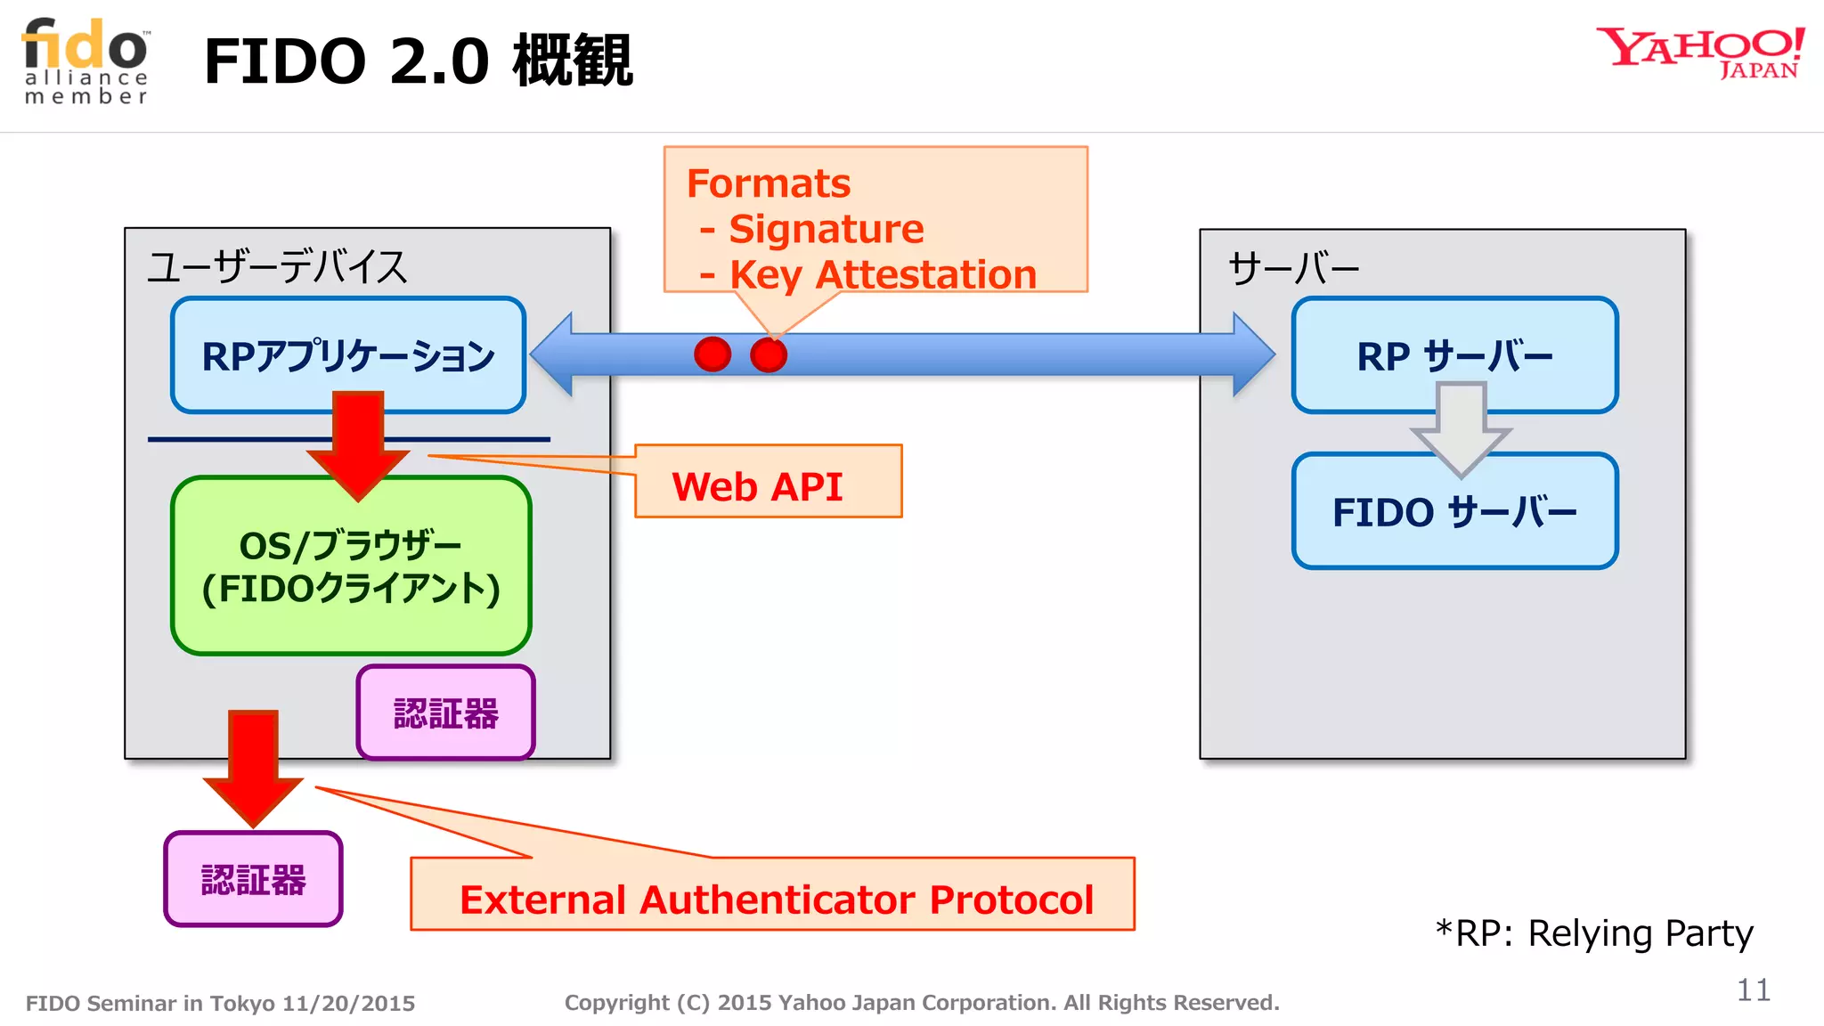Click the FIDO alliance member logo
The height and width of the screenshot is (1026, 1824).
tap(86, 61)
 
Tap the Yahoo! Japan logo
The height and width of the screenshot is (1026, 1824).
tap(1700, 53)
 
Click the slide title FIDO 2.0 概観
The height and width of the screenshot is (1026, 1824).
tap(418, 61)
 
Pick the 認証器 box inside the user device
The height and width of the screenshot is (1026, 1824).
tap(445, 713)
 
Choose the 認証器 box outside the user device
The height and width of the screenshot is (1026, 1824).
tap(254, 880)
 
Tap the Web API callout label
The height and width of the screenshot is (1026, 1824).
tap(758, 486)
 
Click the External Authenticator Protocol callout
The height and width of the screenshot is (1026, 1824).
tap(776, 899)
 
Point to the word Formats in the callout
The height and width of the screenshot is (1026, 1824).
tap(769, 183)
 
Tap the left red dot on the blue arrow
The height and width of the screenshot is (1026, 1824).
tap(712, 354)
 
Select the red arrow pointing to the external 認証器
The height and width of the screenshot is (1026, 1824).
tap(254, 766)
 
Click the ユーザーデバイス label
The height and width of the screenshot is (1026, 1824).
tap(277, 266)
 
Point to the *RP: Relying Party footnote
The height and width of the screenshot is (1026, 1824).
tap(1594, 932)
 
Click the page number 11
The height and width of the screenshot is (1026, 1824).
tap(1753, 989)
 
